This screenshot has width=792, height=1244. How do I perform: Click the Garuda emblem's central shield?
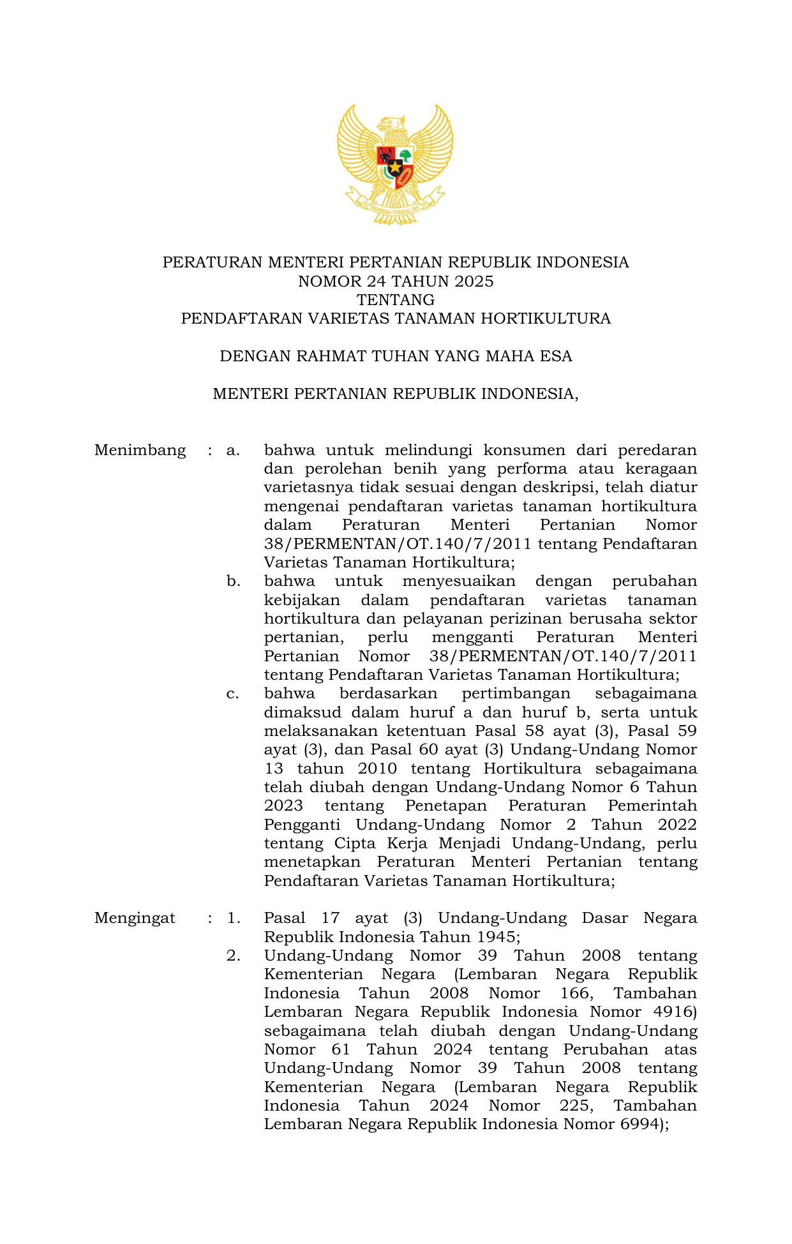pyautogui.click(x=395, y=166)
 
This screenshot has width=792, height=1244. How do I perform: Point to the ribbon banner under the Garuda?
pyautogui.click(x=395, y=206)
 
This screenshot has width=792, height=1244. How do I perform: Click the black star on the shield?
pyautogui.click(x=395, y=168)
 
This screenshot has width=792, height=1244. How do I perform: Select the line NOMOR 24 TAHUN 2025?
pyautogui.click(x=396, y=281)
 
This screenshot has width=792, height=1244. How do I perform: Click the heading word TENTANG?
pyautogui.click(x=396, y=300)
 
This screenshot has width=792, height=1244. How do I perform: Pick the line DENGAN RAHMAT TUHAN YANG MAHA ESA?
pyautogui.click(x=396, y=356)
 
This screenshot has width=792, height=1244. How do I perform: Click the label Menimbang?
pyautogui.click(x=140, y=451)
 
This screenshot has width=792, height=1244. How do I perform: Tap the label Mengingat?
pyautogui.click(x=135, y=918)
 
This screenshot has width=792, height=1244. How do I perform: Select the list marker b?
pyautogui.click(x=233, y=581)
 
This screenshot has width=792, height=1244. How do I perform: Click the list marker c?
pyautogui.click(x=233, y=694)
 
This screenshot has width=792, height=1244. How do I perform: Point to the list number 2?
pyautogui.click(x=233, y=956)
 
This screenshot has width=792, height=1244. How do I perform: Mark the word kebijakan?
pyautogui.click(x=302, y=601)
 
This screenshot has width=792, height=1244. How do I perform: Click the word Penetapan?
pyautogui.click(x=445, y=806)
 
